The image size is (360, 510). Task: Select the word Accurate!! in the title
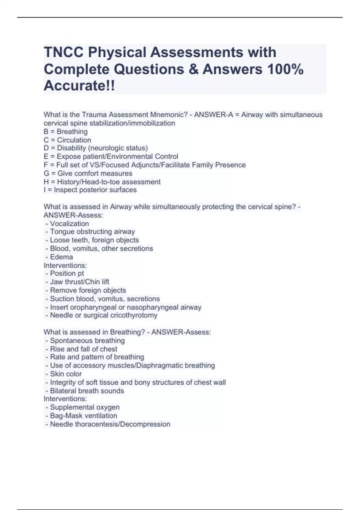pyautogui.click(x=79, y=86)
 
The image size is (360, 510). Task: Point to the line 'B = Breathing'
pyautogui.click(x=66, y=131)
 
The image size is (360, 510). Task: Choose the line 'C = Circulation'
pyautogui.click(x=67, y=140)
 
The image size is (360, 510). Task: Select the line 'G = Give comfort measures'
pyautogui.click(x=88, y=173)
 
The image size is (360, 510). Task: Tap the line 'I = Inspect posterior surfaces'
pyautogui.click(x=90, y=190)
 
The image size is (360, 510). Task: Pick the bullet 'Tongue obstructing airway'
pyautogui.click(x=92, y=232)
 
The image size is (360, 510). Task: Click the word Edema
pyautogui.click(x=61, y=257)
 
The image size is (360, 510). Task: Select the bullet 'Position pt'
pyautogui.click(x=67, y=273)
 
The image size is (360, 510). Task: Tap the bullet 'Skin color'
pyautogui.click(x=66, y=374)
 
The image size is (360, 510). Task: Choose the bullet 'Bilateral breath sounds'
pyautogui.click(x=87, y=391)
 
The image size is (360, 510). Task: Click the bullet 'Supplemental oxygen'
pyautogui.click(x=85, y=407)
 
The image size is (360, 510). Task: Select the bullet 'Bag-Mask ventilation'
pyautogui.click(x=83, y=415)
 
